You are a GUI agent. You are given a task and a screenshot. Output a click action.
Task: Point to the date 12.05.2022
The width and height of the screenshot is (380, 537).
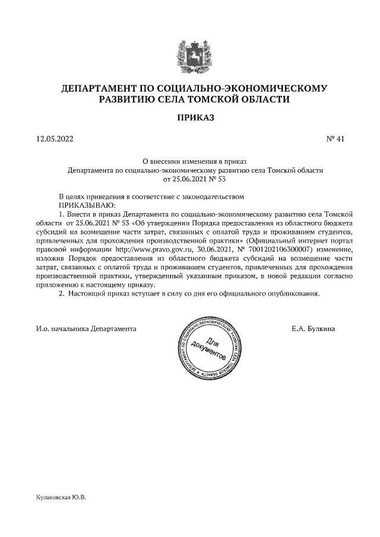tap(55, 139)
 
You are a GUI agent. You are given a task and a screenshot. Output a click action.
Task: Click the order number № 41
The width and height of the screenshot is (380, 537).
tap(335, 139)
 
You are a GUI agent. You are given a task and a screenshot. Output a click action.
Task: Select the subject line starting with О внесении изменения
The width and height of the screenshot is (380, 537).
tap(195, 161)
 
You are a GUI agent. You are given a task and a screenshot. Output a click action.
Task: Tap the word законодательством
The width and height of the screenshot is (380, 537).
tap(208, 195)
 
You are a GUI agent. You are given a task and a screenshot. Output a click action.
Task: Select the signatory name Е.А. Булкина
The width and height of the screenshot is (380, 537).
tap(313, 328)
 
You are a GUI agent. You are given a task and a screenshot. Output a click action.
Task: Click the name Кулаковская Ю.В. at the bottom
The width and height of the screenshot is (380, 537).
tap(61, 497)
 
